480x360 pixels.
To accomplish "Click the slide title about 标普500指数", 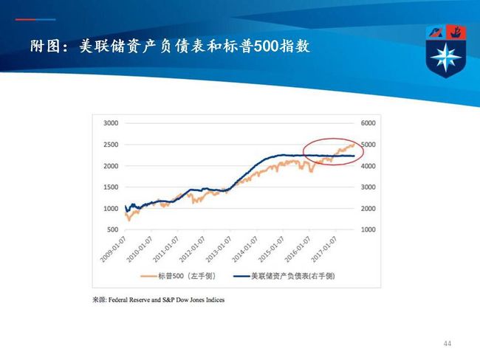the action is tap(170, 46).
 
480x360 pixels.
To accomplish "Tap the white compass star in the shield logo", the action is tap(445, 57).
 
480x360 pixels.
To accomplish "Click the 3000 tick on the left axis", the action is tap(111, 123).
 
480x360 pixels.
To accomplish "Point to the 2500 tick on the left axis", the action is tap(111, 145).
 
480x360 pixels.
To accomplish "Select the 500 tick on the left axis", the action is tap(113, 229).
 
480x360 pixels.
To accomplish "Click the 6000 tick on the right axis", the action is tap(368, 123).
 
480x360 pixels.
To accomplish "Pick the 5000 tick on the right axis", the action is tap(368, 145).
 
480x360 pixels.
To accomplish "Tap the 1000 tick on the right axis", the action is tap(368, 229).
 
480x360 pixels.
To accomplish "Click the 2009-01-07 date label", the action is tap(114, 249).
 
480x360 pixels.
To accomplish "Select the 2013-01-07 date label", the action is tap(219, 249).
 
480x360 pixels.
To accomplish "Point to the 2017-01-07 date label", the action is tap(324, 249).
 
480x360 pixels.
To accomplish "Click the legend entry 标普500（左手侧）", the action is tap(179, 276).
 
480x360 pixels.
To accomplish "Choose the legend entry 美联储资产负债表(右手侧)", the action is tap(284, 276).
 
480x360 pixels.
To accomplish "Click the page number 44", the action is tap(448, 344).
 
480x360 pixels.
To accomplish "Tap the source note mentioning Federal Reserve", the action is tap(159, 300).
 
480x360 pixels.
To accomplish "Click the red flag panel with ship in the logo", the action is tap(456, 32).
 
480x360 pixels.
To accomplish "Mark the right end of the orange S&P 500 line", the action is tap(354, 144).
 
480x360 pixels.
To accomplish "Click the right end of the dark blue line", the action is tap(354, 156).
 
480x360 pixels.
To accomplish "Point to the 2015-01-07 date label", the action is tap(271, 249).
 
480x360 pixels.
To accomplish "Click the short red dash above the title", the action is tap(25, 20).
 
